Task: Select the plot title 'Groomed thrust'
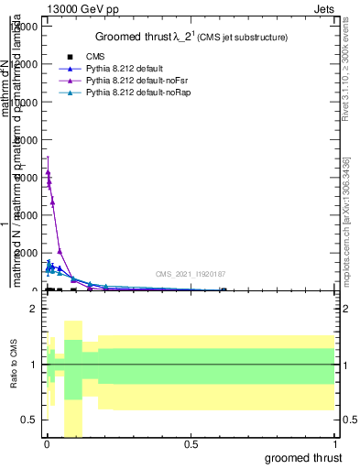tap(136, 37)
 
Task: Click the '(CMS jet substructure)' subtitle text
tap(241, 38)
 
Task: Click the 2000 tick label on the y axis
tap(27, 253)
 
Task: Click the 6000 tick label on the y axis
tap(27, 178)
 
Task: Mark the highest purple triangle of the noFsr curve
tap(48, 171)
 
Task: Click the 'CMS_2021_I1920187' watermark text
tap(190, 274)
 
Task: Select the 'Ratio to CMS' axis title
tap(14, 365)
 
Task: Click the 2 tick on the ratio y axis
tap(34, 310)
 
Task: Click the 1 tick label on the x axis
tap(336, 444)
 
